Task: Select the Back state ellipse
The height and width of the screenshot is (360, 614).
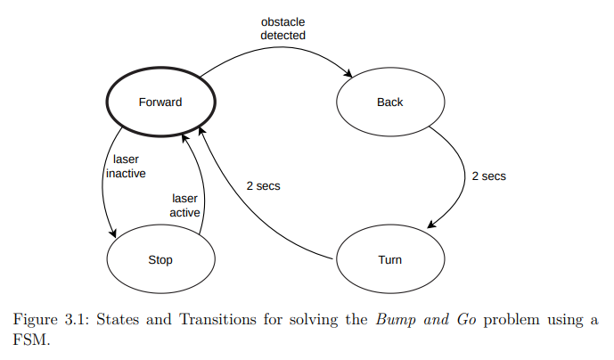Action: click(x=389, y=102)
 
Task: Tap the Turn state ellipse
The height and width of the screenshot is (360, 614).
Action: click(x=389, y=260)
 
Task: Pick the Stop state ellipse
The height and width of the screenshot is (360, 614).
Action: click(x=160, y=260)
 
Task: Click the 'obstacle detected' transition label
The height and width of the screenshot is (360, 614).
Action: click(x=283, y=29)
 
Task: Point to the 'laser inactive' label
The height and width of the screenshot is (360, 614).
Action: click(x=126, y=167)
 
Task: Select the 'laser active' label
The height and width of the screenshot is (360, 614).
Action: click(x=184, y=206)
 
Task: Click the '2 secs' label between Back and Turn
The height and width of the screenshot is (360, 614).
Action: click(x=488, y=176)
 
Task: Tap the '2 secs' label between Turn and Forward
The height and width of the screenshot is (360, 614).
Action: click(x=264, y=187)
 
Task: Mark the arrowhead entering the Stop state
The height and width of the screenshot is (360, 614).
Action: click(x=113, y=233)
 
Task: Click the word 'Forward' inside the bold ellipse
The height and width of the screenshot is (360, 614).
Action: click(x=160, y=102)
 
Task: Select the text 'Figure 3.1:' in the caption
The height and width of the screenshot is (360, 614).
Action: click(x=49, y=320)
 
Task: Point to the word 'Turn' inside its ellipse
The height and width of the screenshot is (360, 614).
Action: click(x=389, y=260)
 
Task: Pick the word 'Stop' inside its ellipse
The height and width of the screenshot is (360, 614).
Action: click(x=160, y=260)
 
